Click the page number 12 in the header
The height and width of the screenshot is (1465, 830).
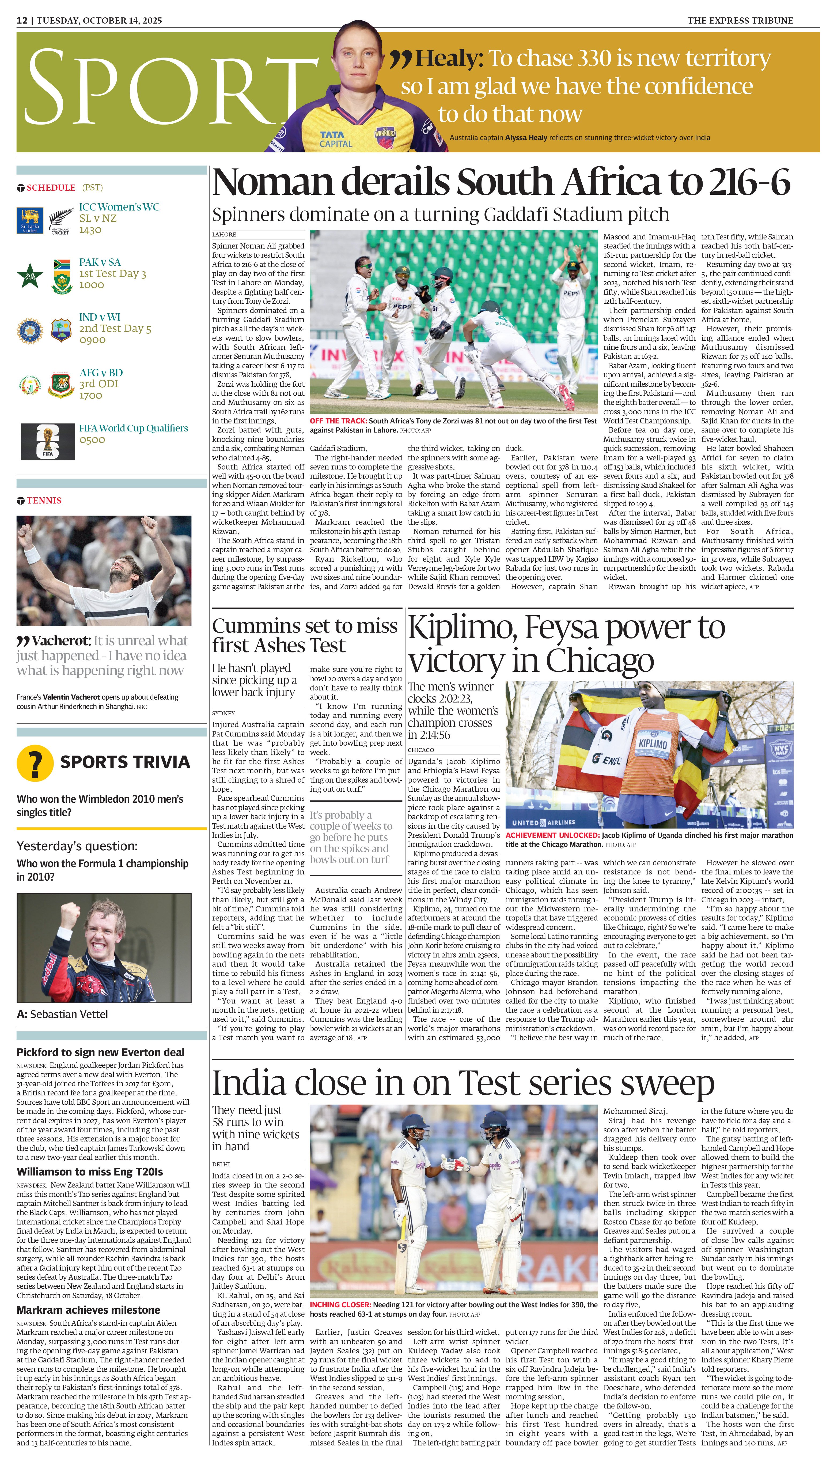point(22,21)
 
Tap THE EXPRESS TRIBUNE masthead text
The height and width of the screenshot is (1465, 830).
point(740,21)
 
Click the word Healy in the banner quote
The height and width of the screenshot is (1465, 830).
point(449,58)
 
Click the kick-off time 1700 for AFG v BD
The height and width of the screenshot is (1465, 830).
point(91,395)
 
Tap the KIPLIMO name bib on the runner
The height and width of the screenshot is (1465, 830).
point(653,744)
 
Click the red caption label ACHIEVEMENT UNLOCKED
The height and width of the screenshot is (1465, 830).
point(552,835)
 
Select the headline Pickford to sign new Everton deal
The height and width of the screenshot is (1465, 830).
point(100,1052)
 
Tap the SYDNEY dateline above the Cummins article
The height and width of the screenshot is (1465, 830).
point(223,713)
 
